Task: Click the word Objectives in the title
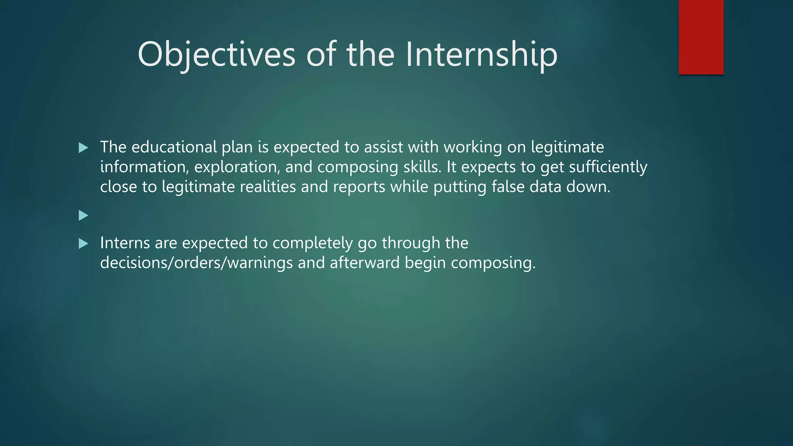(216, 55)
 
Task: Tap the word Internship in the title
(481, 55)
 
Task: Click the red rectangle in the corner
(701, 37)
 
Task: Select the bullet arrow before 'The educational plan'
(83, 148)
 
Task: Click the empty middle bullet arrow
(83, 215)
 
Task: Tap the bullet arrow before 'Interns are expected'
(83, 244)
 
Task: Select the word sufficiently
(608, 167)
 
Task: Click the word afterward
(364, 263)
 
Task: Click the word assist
(383, 147)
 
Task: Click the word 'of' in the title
(321, 55)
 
